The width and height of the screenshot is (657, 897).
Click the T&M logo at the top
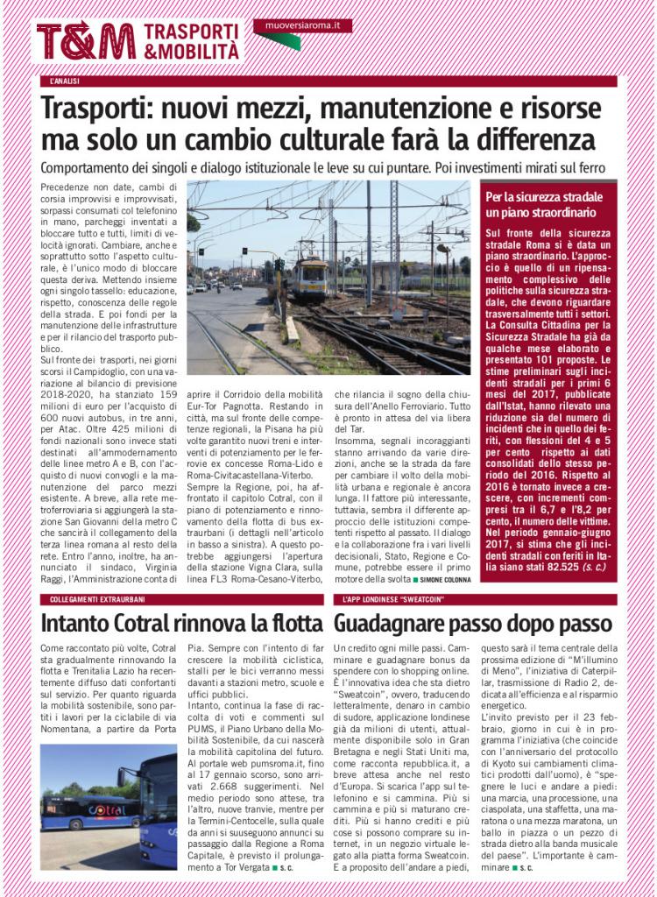pyautogui.click(x=86, y=41)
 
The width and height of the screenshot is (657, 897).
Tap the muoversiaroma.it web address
pyautogui.click(x=303, y=26)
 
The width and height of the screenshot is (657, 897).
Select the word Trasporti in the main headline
pyautogui.click(x=96, y=110)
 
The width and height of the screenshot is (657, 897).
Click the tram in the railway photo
pyautogui.click(x=310, y=279)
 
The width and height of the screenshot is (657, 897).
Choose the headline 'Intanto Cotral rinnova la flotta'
pyautogui.click(x=182, y=625)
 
